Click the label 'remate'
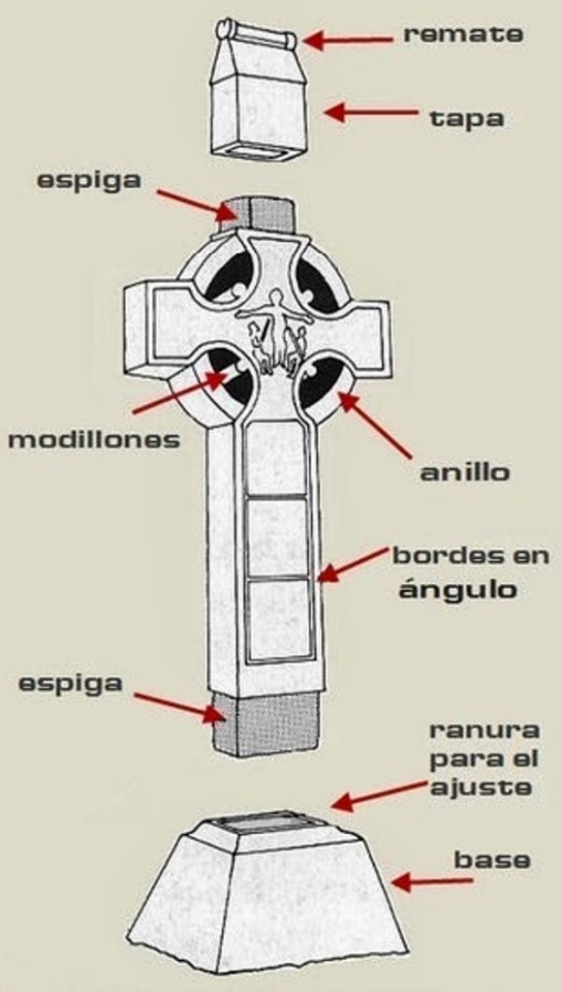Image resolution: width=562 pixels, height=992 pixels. [x=463, y=34]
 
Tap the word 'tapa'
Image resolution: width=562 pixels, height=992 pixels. [x=467, y=117]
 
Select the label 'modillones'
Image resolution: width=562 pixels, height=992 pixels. [x=94, y=440]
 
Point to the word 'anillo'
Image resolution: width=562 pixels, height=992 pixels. [x=464, y=473]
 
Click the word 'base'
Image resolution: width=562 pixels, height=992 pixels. [x=492, y=860]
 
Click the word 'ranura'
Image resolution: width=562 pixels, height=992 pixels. [x=484, y=730]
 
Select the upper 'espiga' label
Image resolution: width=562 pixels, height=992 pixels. [x=89, y=181]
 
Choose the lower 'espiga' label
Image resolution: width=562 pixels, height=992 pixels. [x=70, y=685]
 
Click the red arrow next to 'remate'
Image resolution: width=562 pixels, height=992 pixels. [x=348, y=41]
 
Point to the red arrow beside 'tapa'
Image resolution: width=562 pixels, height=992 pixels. [x=371, y=113]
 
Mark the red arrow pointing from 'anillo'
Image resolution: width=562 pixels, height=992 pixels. [x=375, y=425]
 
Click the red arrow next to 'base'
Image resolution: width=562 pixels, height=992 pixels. [x=431, y=881]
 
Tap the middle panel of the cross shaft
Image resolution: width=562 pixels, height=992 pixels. [x=276, y=537]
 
